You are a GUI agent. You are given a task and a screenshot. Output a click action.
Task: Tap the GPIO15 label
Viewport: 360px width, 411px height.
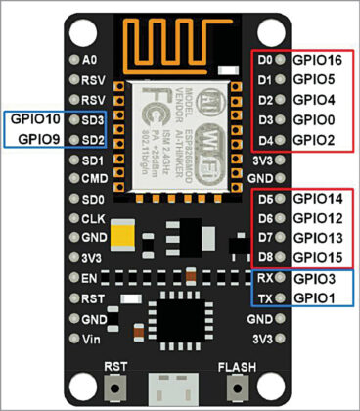click(x=320, y=257)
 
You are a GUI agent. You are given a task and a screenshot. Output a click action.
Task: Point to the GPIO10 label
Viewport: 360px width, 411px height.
click(x=34, y=119)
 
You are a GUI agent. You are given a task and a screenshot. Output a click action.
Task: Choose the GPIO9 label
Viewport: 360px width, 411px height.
click(x=34, y=139)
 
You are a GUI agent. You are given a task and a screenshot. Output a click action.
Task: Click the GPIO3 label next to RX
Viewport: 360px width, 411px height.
click(x=316, y=278)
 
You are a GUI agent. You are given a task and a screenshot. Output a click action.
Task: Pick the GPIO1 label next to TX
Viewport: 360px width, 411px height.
click(x=316, y=297)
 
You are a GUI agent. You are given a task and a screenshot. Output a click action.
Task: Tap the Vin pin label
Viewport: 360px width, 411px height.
click(x=92, y=339)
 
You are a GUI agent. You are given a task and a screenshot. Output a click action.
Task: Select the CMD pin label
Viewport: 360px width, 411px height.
click(x=94, y=179)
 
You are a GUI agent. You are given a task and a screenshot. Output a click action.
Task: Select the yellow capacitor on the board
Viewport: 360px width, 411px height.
click(x=124, y=234)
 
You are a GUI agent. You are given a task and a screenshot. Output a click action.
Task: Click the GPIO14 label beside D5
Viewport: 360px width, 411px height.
click(x=320, y=199)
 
